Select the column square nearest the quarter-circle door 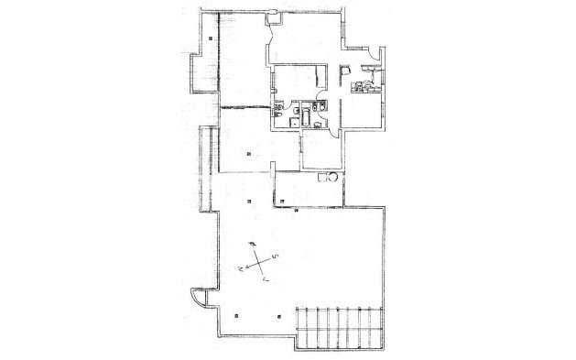pos(235,311)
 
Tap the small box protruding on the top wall pos(273,16)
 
